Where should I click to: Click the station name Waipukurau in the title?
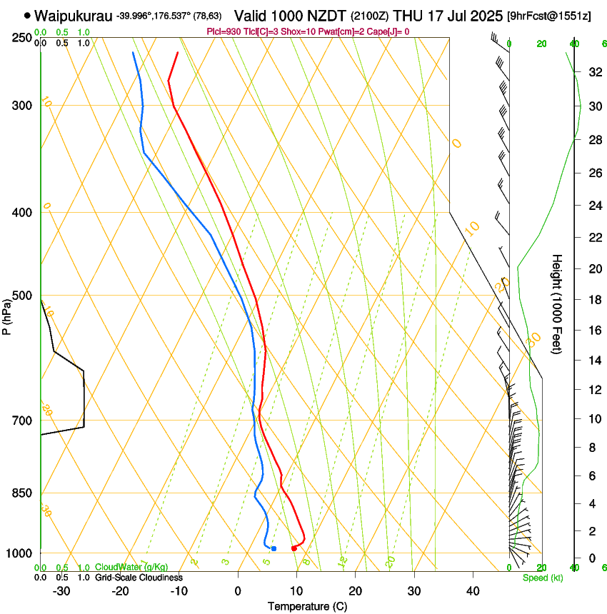(x=74, y=15)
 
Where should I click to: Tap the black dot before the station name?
(x=27, y=15)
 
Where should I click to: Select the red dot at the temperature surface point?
(x=294, y=548)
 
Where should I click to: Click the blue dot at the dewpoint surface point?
(x=274, y=548)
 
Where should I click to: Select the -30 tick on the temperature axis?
(x=61, y=591)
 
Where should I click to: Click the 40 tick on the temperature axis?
(x=473, y=591)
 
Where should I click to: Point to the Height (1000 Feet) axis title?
(x=558, y=303)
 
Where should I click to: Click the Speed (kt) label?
(x=543, y=578)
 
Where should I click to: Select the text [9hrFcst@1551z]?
(x=548, y=16)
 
